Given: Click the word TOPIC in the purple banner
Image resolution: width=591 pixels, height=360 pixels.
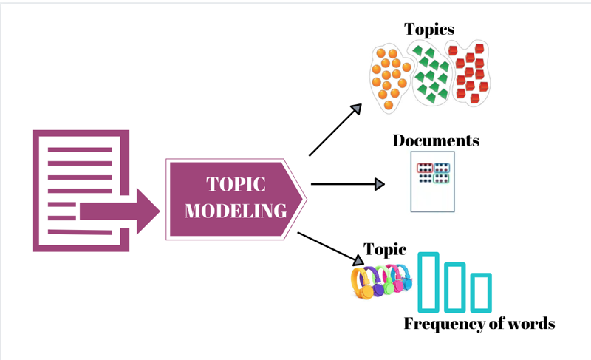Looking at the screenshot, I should pyautogui.click(x=236, y=184).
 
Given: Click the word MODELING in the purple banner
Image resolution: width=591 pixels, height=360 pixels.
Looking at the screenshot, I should pyautogui.click(x=236, y=211).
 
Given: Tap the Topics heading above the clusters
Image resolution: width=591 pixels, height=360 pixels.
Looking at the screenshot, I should pyautogui.click(x=428, y=30).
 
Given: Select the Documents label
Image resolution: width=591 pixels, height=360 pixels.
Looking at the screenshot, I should pyautogui.click(x=436, y=140).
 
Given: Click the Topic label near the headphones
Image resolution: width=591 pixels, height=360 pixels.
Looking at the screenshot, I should pyautogui.click(x=386, y=249).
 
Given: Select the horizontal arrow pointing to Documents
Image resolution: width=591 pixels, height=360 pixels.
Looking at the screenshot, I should pyautogui.click(x=348, y=184).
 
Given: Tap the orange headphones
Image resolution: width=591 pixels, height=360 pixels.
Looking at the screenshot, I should pyautogui.click(x=364, y=282).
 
